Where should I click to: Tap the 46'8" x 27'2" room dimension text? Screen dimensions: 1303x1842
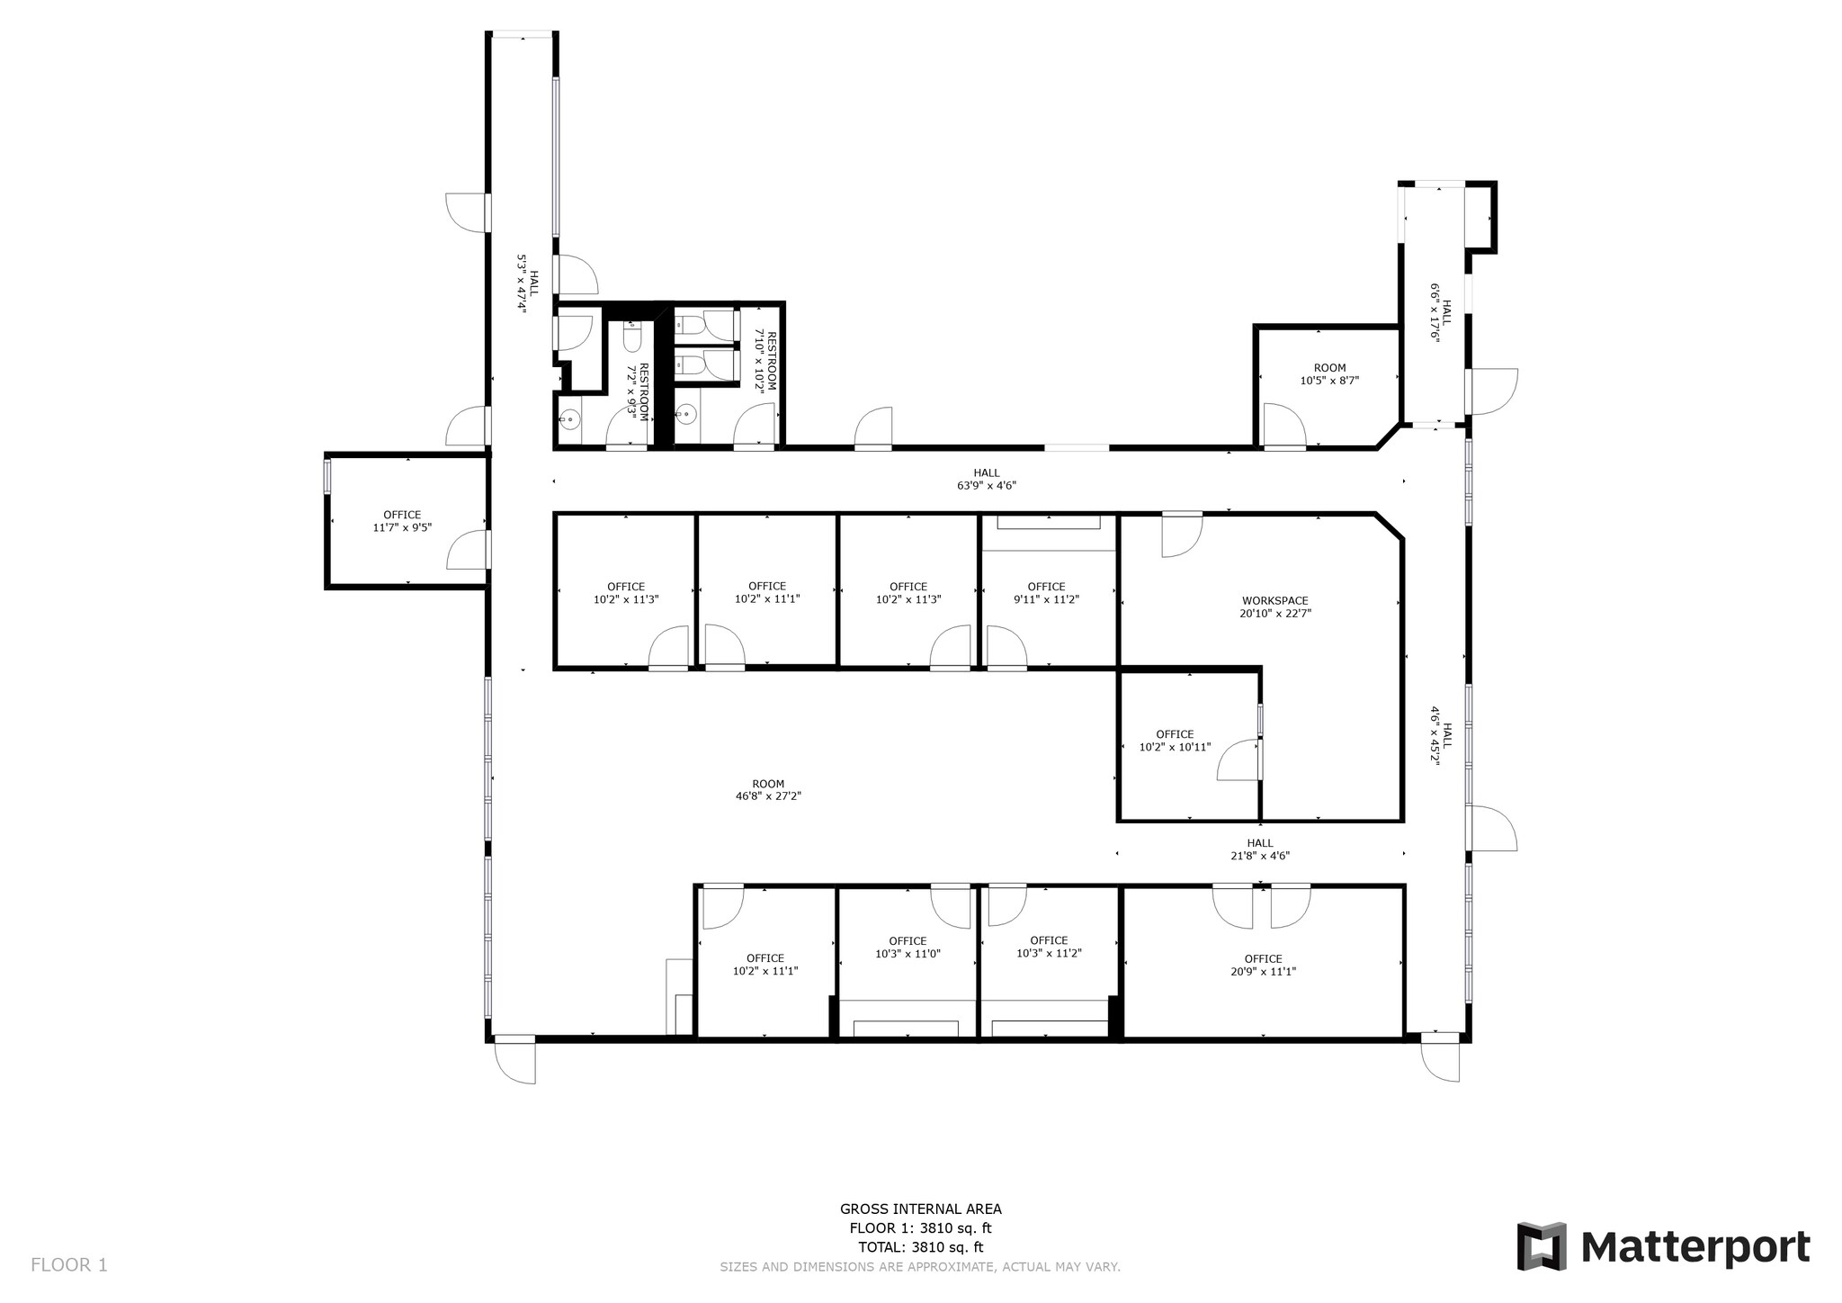pyautogui.click(x=768, y=796)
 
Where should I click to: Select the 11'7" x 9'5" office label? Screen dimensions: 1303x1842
pyautogui.click(x=402, y=522)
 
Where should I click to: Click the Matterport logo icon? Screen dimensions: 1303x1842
pyautogui.click(x=1542, y=1246)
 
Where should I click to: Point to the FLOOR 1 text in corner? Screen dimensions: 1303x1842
pyautogui.click(x=69, y=1265)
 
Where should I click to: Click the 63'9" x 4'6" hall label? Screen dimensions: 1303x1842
pyautogui.click(x=986, y=480)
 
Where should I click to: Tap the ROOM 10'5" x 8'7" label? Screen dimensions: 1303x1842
pyautogui.click(x=1329, y=374)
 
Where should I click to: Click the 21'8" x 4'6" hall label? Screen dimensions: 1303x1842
pyautogui.click(x=1260, y=850)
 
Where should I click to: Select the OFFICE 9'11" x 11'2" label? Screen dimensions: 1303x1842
pyautogui.click(x=1046, y=593)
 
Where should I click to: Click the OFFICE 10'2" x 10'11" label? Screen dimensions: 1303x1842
pyautogui.click(x=1175, y=741)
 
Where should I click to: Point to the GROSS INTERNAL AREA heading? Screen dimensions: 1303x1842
pyautogui.click(x=920, y=1209)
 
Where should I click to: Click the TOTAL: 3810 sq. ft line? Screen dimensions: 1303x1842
pyautogui.click(x=920, y=1247)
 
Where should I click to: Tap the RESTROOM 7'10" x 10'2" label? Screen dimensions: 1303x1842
pyautogui.click(x=765, y=360)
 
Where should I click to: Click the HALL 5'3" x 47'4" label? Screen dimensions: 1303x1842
pyautogui.click(x=527, y=283)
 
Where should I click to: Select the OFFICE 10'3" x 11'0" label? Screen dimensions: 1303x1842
pyautogui.click(x=908, y=948)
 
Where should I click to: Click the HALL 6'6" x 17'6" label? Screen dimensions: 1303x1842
pyautogui.click(x=1441, y=313)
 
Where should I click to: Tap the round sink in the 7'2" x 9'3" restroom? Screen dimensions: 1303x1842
pyautogui.click(x=568, y=418)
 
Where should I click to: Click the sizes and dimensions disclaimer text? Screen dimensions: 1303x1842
pyautogui.click(x=919, y=1267)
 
